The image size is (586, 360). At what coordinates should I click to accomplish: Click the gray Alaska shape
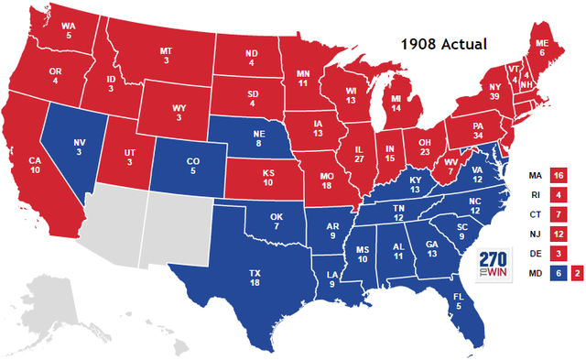tap(55, 308)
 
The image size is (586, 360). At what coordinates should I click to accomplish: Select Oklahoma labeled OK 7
tap(277, 221)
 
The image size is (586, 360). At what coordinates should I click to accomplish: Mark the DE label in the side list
tap(534, 254)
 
